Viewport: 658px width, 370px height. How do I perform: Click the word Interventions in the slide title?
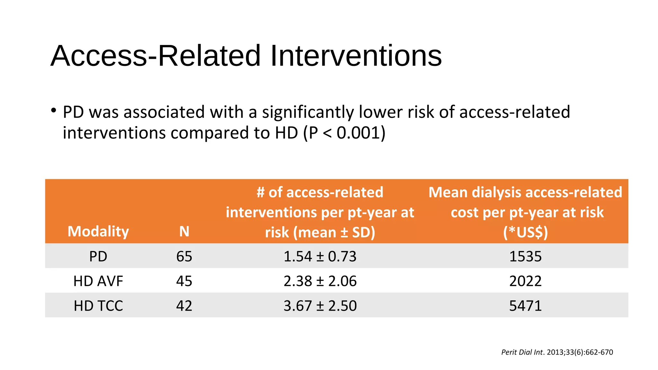pyautogui.click(x=356, y=56)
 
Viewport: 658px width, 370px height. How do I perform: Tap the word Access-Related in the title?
pyautogui.click(x=156, y=56)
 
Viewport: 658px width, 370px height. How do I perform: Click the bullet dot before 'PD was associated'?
pyautogui.click(x=53, y=111)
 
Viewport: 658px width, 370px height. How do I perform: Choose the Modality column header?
pyautogui.click(x=98, y=231)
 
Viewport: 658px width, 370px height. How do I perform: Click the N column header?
pyautogui.click(x=184, y=231)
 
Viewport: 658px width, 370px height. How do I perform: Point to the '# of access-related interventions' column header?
pyautogui.click(x=320, y=212)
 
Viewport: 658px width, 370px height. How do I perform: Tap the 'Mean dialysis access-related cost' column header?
pyautogui.click(x=525, y=212)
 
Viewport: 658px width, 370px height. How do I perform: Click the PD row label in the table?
pyautogui.click(x=98, y=256)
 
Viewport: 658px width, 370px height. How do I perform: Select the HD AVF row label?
pyautogui.click(x=98, y=281)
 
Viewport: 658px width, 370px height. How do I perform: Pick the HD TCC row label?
pyautogui.click(x=98, y=306)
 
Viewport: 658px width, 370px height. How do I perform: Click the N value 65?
pyautogui.click(x=184, y=256)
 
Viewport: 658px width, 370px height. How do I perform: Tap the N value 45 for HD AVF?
pyautogui.click(x=184, y=281)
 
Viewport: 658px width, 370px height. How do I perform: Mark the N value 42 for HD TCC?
pyautogui.click(x=184, y=306)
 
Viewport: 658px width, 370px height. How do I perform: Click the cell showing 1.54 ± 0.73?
pyautogui.click(x=320, y=256)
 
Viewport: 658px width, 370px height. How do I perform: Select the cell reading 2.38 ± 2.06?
pyautogui.click(x=320, y=281)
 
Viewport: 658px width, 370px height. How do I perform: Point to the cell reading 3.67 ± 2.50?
pyautogui.click(x=320, y=306)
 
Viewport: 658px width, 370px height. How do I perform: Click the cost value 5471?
pyautogui.click(x=525, y=306)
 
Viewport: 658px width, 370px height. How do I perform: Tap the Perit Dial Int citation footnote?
pyautogui.click(x=557, y=352)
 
